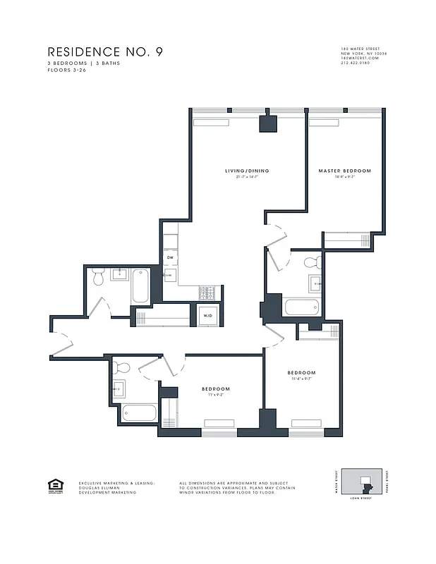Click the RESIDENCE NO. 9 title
104,52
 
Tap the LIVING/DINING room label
247,171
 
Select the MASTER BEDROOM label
344,171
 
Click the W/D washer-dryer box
208,316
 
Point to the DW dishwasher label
170,258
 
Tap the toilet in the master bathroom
311,264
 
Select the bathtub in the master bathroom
302,307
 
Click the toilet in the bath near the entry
99,278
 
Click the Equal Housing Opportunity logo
54,485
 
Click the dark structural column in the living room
268,123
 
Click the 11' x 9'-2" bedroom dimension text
215,396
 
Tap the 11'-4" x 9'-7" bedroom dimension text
301,379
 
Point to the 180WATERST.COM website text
360,59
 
